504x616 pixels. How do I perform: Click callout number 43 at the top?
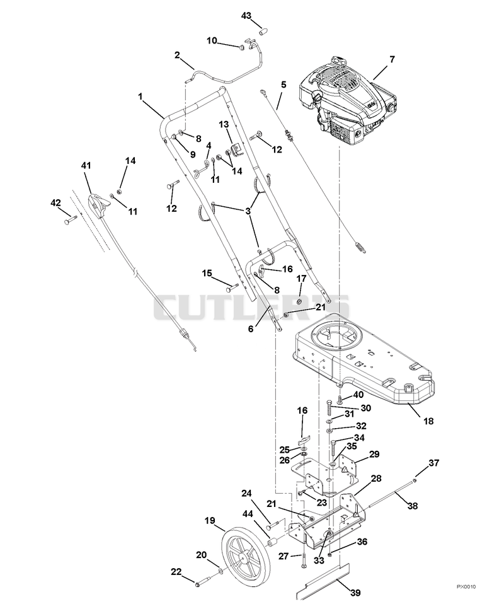(x=246, y=16)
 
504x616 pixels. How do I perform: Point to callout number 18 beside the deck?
(x=428, y=421)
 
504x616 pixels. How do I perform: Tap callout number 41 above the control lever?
(x=86, y=166)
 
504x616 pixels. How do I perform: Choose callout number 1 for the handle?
(x=140, y=96)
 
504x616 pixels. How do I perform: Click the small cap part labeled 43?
(x=263, y=31)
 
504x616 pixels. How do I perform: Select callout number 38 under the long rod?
(x=413, y=506)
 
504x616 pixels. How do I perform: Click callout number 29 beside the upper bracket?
(x=374, y=454)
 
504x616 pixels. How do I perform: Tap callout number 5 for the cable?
(x=283, y=84)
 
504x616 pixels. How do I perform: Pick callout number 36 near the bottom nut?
(x=362, y=542)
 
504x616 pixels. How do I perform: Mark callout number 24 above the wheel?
(x=246, y=493)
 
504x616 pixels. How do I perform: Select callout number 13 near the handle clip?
(x=224, y=125)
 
